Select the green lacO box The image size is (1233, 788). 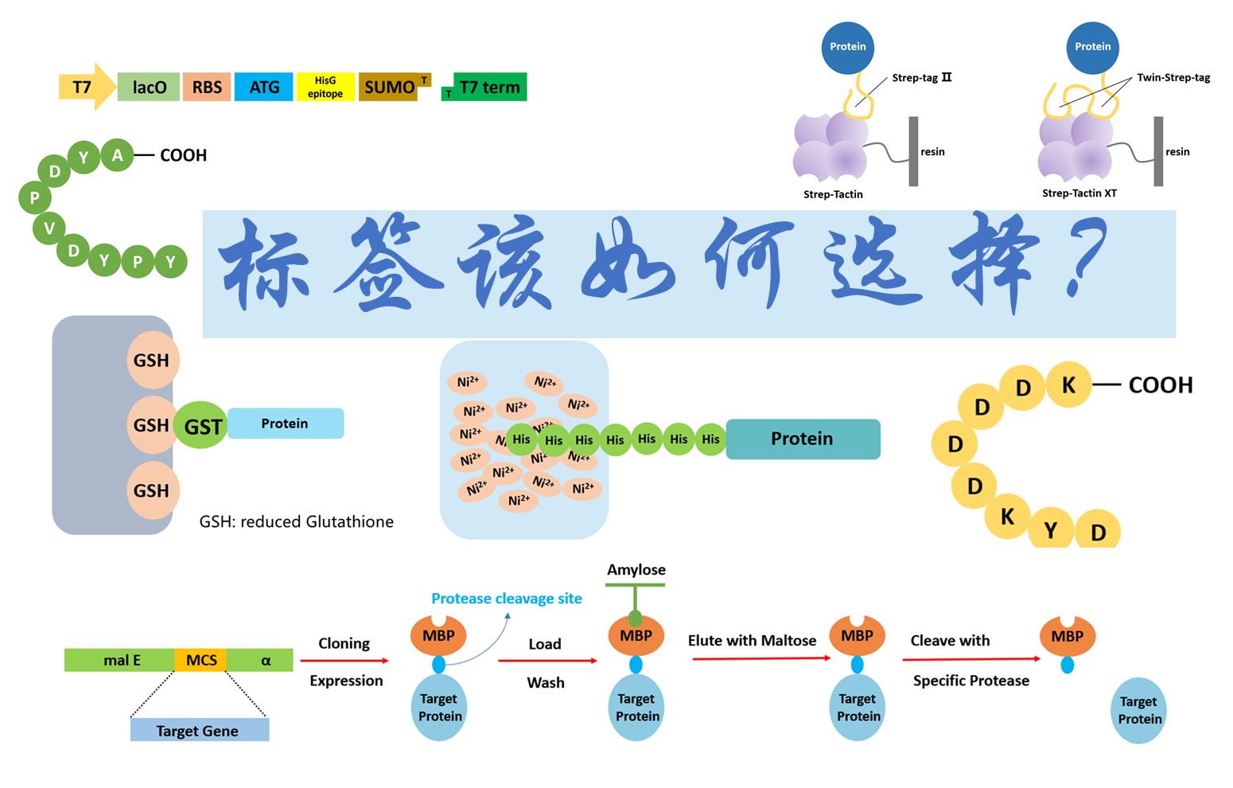149,87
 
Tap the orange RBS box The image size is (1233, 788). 207,87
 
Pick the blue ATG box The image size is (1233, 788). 264,87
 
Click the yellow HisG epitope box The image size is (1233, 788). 325,87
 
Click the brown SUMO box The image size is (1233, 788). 390,87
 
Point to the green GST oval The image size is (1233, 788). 201,426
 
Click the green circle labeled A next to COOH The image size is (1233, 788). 118,155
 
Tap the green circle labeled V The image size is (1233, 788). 49,228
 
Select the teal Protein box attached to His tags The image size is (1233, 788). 802,439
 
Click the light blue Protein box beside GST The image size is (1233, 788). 285,423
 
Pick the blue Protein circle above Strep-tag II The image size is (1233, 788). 848,48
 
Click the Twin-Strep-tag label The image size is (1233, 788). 1173,78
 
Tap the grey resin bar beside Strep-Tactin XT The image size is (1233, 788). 1158,151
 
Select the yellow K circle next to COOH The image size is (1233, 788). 1068,385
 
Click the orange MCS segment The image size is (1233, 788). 201,660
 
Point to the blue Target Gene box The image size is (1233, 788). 199,730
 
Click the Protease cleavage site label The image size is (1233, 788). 506,599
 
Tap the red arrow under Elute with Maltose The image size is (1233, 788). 760,658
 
